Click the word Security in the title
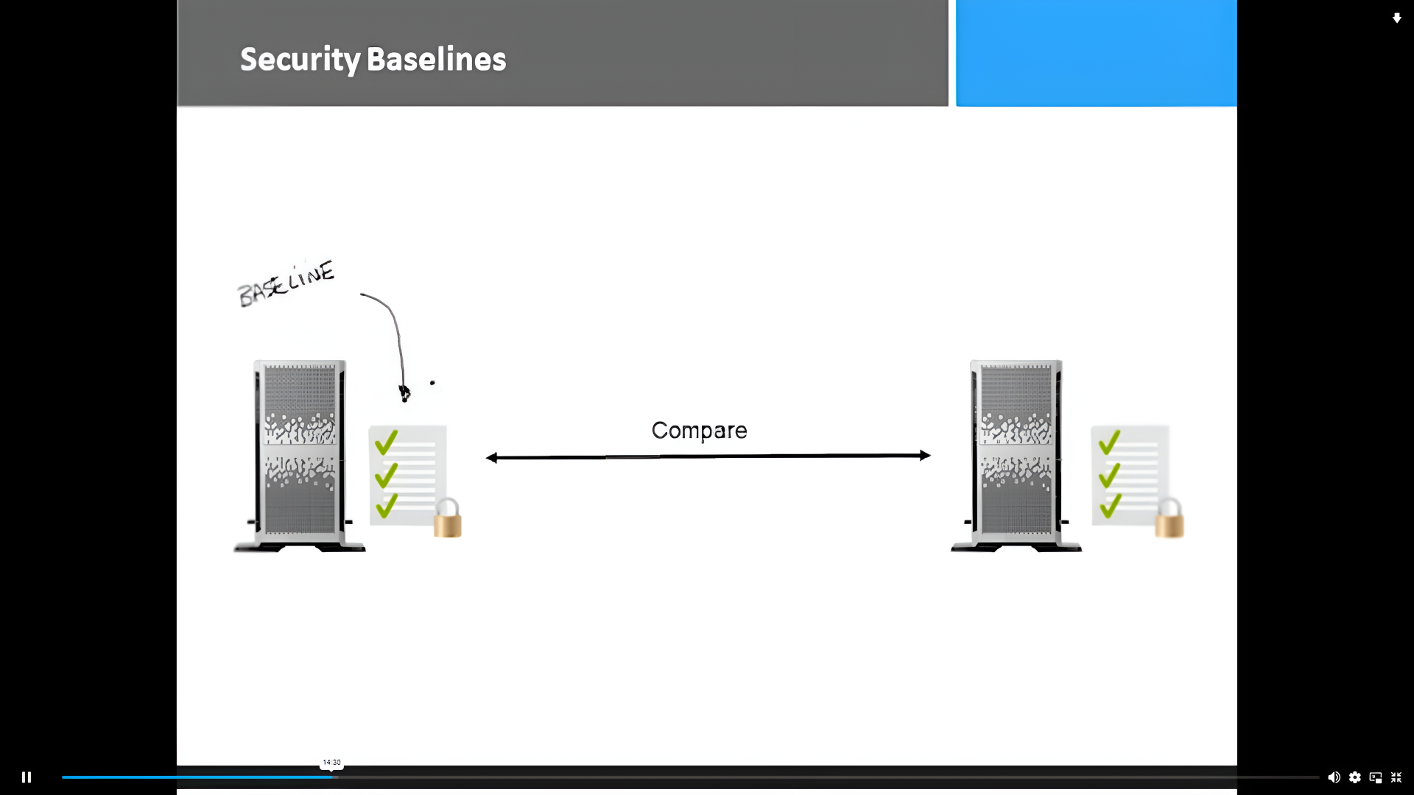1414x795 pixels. [300, 60]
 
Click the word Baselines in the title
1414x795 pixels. [436, 60]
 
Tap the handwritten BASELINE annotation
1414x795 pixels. [286, 283]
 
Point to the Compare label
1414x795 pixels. [699, 431]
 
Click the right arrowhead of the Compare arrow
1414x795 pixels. [925, 456]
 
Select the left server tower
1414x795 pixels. [300, 455]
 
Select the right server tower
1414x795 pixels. [1016, 455]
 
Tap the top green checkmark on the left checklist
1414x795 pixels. [387, 442]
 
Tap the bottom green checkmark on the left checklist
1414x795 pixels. [387, 506]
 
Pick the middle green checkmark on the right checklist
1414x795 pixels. [1109, 475]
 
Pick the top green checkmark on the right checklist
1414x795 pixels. [1109, 442]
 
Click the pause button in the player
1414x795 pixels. [27, 777]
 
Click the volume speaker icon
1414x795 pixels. [1334, 777]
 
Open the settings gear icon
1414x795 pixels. [1355, 777]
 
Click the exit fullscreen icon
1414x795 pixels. [1396, 777]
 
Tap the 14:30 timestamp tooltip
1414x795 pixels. [331, 763]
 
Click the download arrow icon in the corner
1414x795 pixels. [1396, 18]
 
